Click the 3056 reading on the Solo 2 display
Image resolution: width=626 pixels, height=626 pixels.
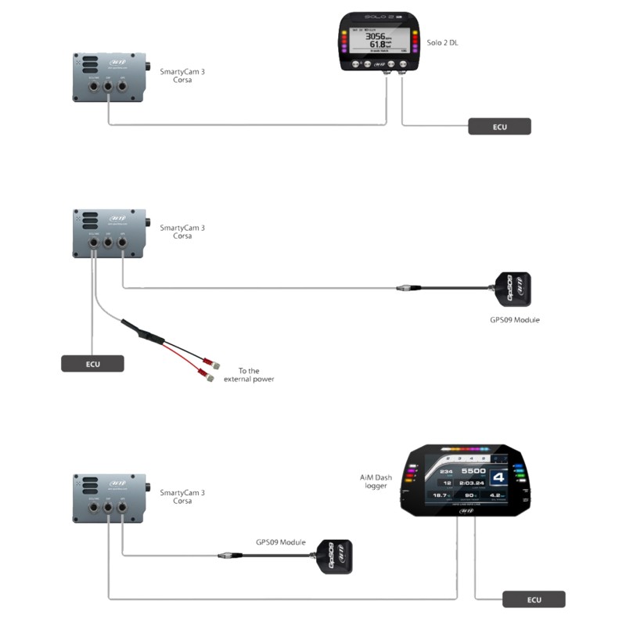(378, 36)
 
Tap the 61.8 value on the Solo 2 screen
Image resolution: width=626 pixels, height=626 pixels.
(379, 45)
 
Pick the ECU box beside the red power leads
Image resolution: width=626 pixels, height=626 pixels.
(92, 363)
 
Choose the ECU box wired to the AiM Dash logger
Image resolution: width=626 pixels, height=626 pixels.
(533, 600)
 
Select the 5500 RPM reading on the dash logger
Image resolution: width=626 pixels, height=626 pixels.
(473, 471)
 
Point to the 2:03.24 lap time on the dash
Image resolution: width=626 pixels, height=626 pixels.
(471, 484)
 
